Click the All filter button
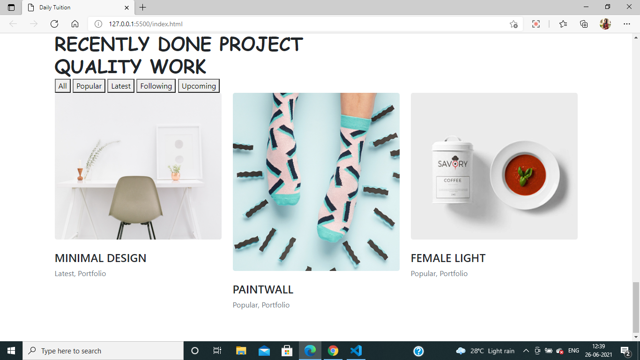click(63, 86)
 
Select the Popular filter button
click(89, 86)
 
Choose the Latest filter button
click(121, 86)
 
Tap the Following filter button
click(156, 86)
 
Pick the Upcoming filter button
click(199, 86)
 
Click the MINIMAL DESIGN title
click(100, 258)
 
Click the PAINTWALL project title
click(263, 290)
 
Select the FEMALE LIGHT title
click(448, 258)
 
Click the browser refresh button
click(54, 24)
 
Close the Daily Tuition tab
click(127, 7)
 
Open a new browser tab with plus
click(143, 7)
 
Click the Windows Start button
click(11, 351)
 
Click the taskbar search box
click(103, 351)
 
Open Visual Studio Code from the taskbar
click(356, 351)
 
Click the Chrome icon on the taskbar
click(333, 351)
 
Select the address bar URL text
click(146, 24)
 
